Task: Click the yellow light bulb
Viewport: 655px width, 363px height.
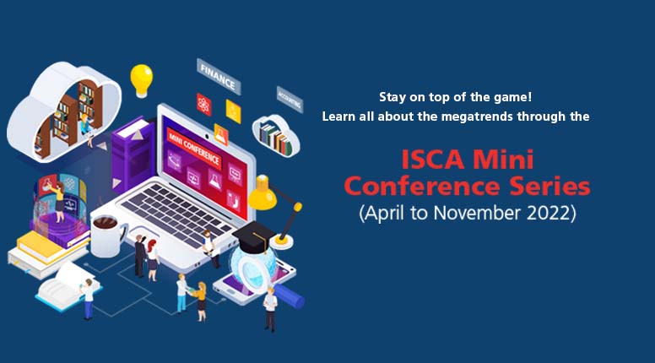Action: [141, 80]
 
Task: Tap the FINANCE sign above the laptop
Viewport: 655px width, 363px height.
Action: [219, 76]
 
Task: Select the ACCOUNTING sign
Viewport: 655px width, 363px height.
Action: [290, 100]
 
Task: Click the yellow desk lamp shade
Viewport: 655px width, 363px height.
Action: [263, 193]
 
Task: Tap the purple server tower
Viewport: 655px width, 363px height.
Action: [133, 154]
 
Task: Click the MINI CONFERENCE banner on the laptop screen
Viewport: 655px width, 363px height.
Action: [194, 146]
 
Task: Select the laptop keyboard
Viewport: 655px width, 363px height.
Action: [176, 214]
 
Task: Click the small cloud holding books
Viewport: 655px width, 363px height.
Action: [276, 136]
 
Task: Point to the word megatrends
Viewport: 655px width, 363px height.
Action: [478, 116]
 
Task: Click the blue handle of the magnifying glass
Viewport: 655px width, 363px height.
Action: [290, 295]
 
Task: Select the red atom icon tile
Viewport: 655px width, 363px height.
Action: [204, 105]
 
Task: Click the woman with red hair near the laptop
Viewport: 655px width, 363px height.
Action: [153, 260]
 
